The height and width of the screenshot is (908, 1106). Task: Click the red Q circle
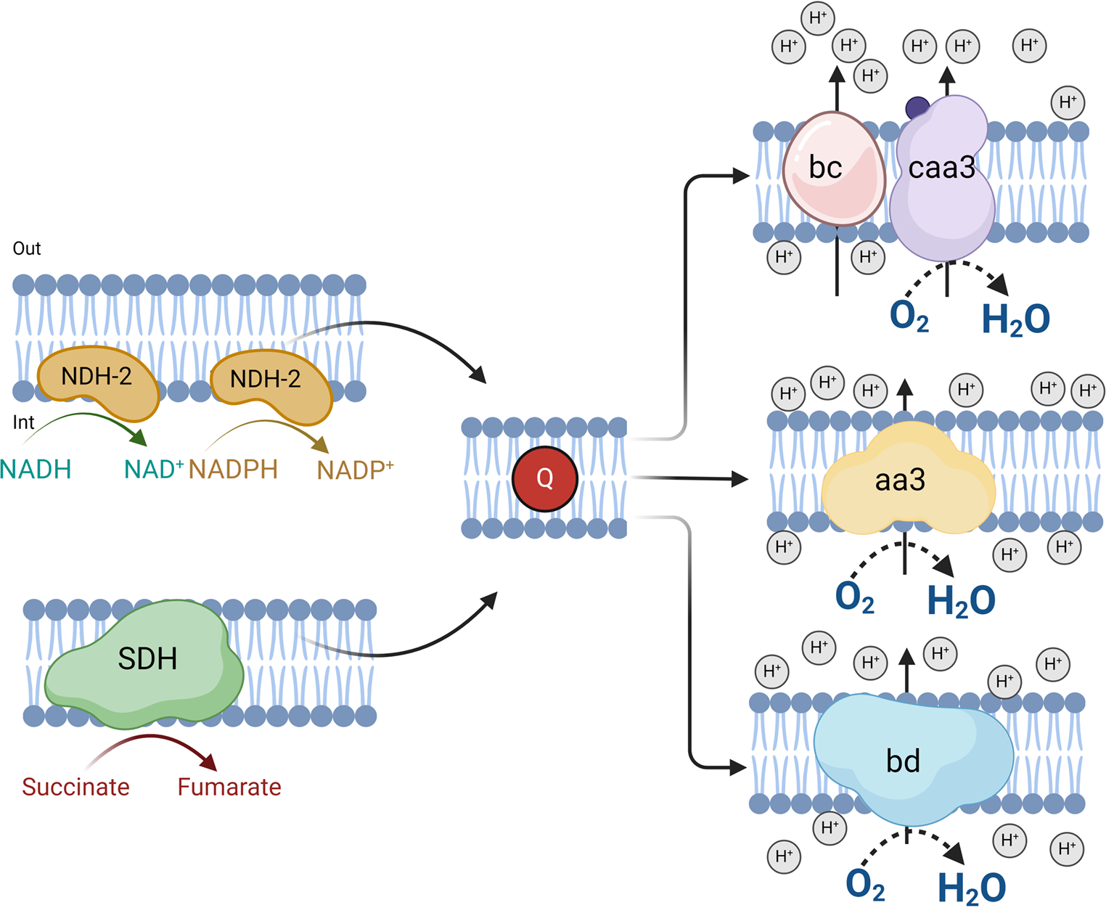(x=544, y=479)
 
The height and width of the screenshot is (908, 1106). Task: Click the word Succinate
(x=75, y=787)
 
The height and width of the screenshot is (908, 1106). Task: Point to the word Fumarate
(x=229, y=787)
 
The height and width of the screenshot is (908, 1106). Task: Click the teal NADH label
(x=36, y=470)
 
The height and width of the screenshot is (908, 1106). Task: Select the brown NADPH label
(x=233, y=470)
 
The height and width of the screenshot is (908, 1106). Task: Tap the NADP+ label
(x=355, y=470)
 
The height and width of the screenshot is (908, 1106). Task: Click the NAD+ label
(x=153, y=470)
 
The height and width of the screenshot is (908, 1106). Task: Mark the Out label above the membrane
(x=27, y=248)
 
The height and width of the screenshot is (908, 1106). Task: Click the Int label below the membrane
(x=23, y=422)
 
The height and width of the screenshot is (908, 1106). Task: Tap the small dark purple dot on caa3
(x=917, y=108)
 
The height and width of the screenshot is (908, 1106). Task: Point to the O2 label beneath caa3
(x=909, y=316)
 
